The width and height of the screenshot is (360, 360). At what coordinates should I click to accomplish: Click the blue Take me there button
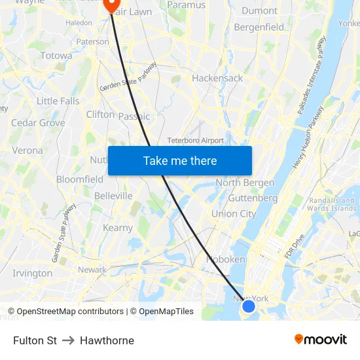click(180, 160)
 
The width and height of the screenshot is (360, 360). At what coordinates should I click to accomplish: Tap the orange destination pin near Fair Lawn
click(110, 5)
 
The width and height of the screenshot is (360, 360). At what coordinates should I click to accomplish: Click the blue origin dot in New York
click(248, 306)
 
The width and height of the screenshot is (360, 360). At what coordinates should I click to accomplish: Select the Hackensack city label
click(217, 78)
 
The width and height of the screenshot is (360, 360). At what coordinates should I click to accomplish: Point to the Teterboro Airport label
click(195, 140)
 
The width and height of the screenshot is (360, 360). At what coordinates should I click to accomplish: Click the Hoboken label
click(225, 259)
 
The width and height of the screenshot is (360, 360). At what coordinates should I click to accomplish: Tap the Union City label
click(234, 213)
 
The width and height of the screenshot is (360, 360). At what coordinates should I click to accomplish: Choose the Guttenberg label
click(253, 198)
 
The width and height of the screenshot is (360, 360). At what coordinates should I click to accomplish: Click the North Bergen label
click(245, 182)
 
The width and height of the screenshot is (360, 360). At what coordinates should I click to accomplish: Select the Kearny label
click(118, 228)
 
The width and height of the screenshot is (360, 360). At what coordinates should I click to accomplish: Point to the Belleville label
click(113, 196)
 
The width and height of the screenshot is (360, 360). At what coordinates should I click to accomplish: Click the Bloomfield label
click(79, 179)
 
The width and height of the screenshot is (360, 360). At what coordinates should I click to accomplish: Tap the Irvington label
click(32, 273)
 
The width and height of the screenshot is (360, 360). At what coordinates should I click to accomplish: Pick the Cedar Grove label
click(38, 122)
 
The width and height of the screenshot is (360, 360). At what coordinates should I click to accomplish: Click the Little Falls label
click(58, 101)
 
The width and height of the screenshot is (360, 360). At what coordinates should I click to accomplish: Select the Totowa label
click(56, 56)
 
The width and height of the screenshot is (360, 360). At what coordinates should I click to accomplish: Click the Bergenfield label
click(259, 27)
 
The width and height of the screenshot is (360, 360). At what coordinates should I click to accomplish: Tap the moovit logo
click(321, 340)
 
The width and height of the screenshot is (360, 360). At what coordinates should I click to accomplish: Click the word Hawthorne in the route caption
click(107, 340)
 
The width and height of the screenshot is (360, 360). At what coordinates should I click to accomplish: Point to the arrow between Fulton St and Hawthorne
click(68, 340)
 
